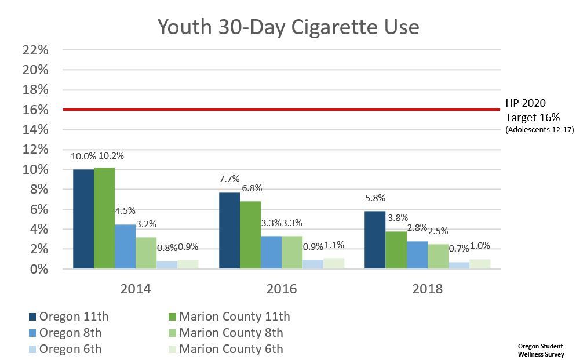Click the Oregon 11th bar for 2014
(83, 219)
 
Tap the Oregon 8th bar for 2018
(417, 255)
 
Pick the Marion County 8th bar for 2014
(146, 253)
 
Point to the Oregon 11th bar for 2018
(375, 239)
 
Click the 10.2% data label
(111, 155)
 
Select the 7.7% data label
(229, 179)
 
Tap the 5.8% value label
(375, 198)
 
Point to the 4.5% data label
(125, 211)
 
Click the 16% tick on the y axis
(35, 110)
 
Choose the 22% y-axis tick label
(35, 50)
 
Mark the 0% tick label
(39, 269)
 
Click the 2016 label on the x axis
(281, 289)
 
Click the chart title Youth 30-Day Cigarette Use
(288, 26)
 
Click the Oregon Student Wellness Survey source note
(541, 350)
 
